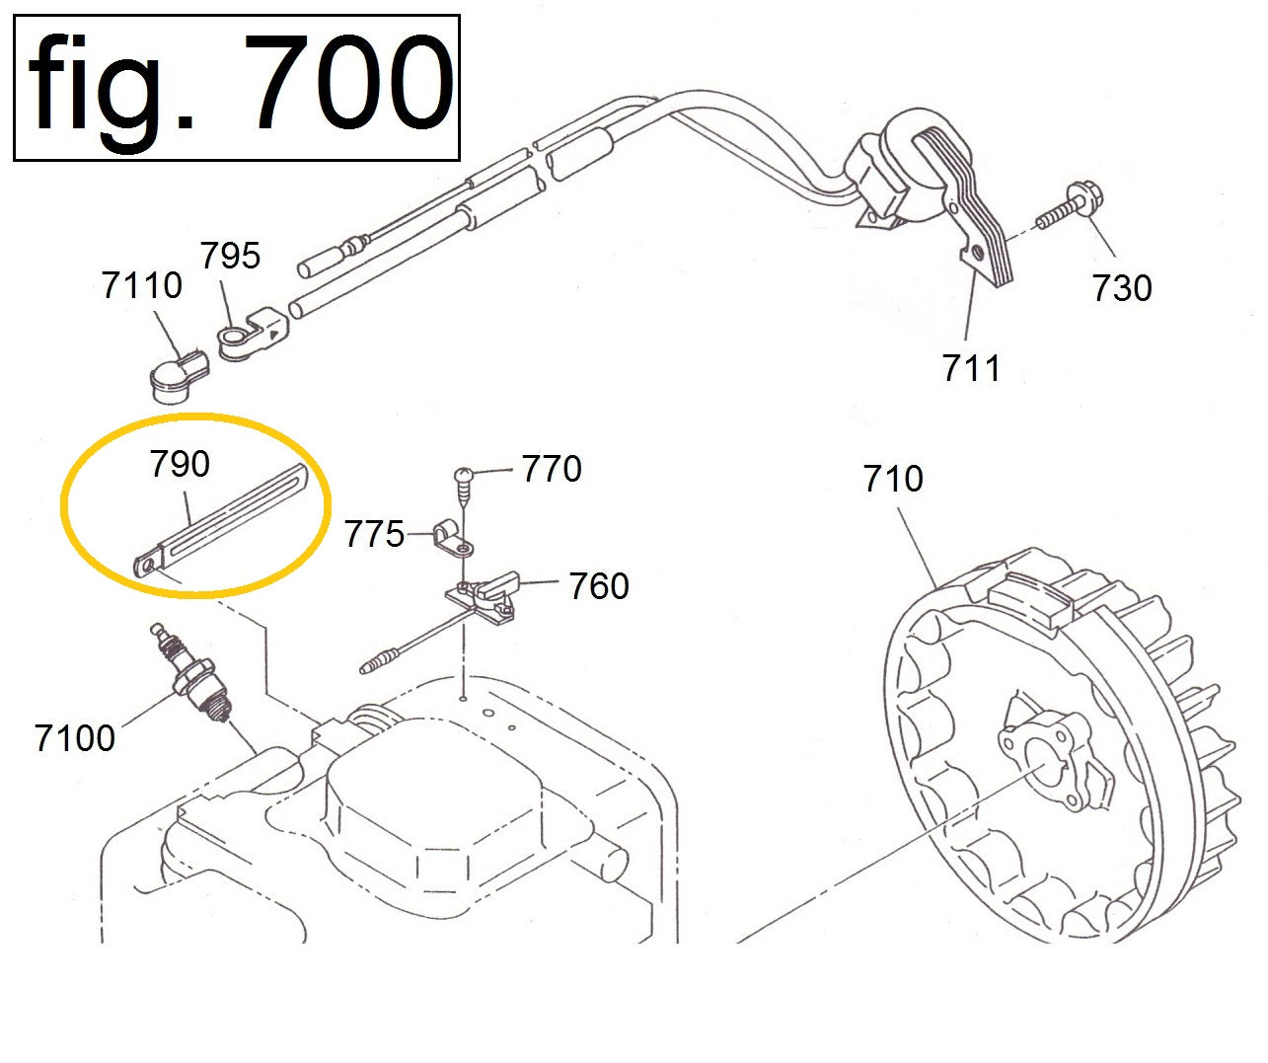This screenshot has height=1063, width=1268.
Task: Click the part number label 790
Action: [180, 464]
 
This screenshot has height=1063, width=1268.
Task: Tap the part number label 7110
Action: [141, 285]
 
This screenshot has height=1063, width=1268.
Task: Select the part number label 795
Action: [230, 255]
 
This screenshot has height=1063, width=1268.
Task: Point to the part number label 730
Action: [1122, 288]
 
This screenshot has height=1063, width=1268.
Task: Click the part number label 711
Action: [970, 368]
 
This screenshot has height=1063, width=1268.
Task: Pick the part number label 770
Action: [552, 469]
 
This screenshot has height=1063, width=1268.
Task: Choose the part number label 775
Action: [374, 535]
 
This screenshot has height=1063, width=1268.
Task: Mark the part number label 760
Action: [599, 586]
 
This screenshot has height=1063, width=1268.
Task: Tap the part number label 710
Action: [893, 479]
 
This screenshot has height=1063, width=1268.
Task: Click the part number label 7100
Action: [75, 738]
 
